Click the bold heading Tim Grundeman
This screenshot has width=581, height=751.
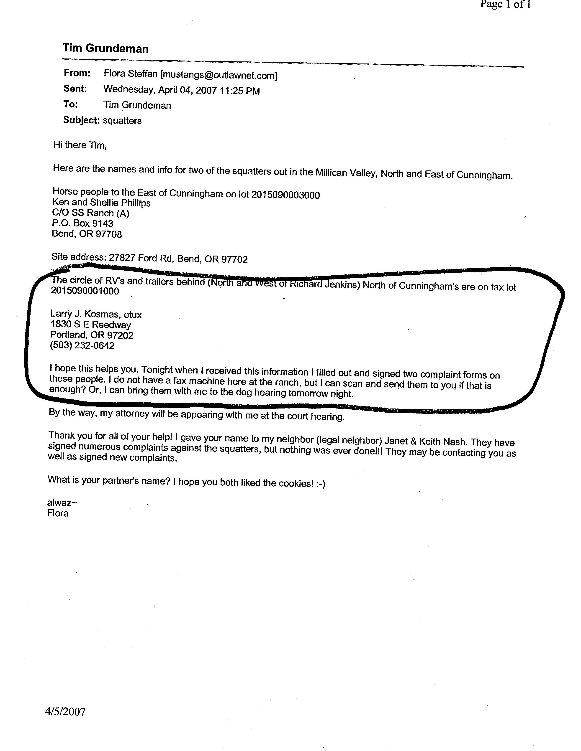105,48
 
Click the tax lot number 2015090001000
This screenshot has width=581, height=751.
85,291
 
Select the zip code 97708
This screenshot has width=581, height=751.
110,234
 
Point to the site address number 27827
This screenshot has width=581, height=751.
122,258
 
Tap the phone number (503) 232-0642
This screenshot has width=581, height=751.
82,345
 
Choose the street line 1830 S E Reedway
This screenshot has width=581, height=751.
90,324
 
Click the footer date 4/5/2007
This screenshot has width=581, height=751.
65,711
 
